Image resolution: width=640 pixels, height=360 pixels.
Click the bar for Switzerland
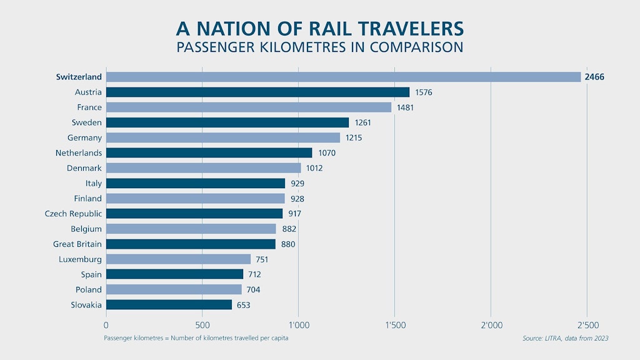pos(344,77)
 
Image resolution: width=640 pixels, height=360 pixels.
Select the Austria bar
pos(257,92)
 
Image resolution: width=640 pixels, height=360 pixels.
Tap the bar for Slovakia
pos(169,304)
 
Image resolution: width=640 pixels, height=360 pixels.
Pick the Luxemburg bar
pos(178,259)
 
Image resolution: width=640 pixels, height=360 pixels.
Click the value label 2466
pos(594,77)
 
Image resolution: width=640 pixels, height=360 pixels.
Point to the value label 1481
pos(405,107)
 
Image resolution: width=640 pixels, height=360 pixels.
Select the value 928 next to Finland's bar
pos(297,199)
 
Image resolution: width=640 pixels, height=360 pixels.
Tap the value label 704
pos(253,289)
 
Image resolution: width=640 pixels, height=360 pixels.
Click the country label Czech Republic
pos(72,214)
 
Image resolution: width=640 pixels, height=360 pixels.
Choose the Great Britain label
pos(77,244)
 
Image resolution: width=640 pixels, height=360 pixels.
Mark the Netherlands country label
pos(79,152)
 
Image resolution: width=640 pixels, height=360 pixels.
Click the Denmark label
pos(84,168)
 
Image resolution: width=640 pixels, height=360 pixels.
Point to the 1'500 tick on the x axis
pos(394,325)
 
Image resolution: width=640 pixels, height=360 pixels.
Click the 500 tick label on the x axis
pos(202,325)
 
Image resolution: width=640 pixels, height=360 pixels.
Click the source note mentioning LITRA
pos(565,338)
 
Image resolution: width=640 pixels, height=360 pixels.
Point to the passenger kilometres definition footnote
pos(196,338)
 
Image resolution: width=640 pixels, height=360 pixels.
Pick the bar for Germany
pos(222,137)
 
